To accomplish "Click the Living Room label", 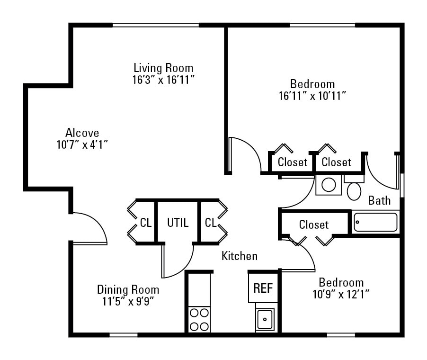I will [163, 68].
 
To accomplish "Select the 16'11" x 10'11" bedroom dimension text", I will [312, 96].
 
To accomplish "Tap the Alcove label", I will [82, 133].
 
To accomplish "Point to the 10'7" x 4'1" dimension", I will [82, 144].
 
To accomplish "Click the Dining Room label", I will [128, 289].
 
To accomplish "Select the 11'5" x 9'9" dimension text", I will [128, 301].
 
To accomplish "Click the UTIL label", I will [178, 222].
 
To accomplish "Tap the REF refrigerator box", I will [263, 288].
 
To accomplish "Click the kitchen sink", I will [265, 319].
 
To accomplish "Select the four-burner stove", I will [199, 320].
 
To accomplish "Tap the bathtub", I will [376, 222].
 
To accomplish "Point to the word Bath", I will [380, 200].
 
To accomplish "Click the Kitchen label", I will [240, 256].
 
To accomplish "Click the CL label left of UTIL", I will [146, 222].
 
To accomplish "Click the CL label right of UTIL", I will [211, 222].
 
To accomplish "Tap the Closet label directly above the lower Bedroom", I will [313, 225].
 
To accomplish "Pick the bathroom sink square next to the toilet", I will [329, 185].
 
